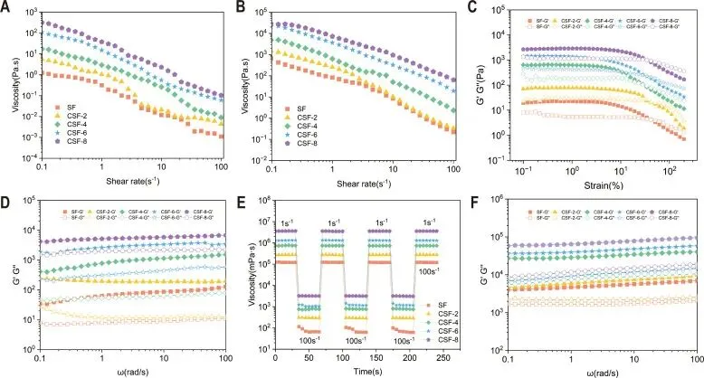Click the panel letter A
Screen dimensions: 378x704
tap(6, 7)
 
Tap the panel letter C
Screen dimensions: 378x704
tap(479, 7)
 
